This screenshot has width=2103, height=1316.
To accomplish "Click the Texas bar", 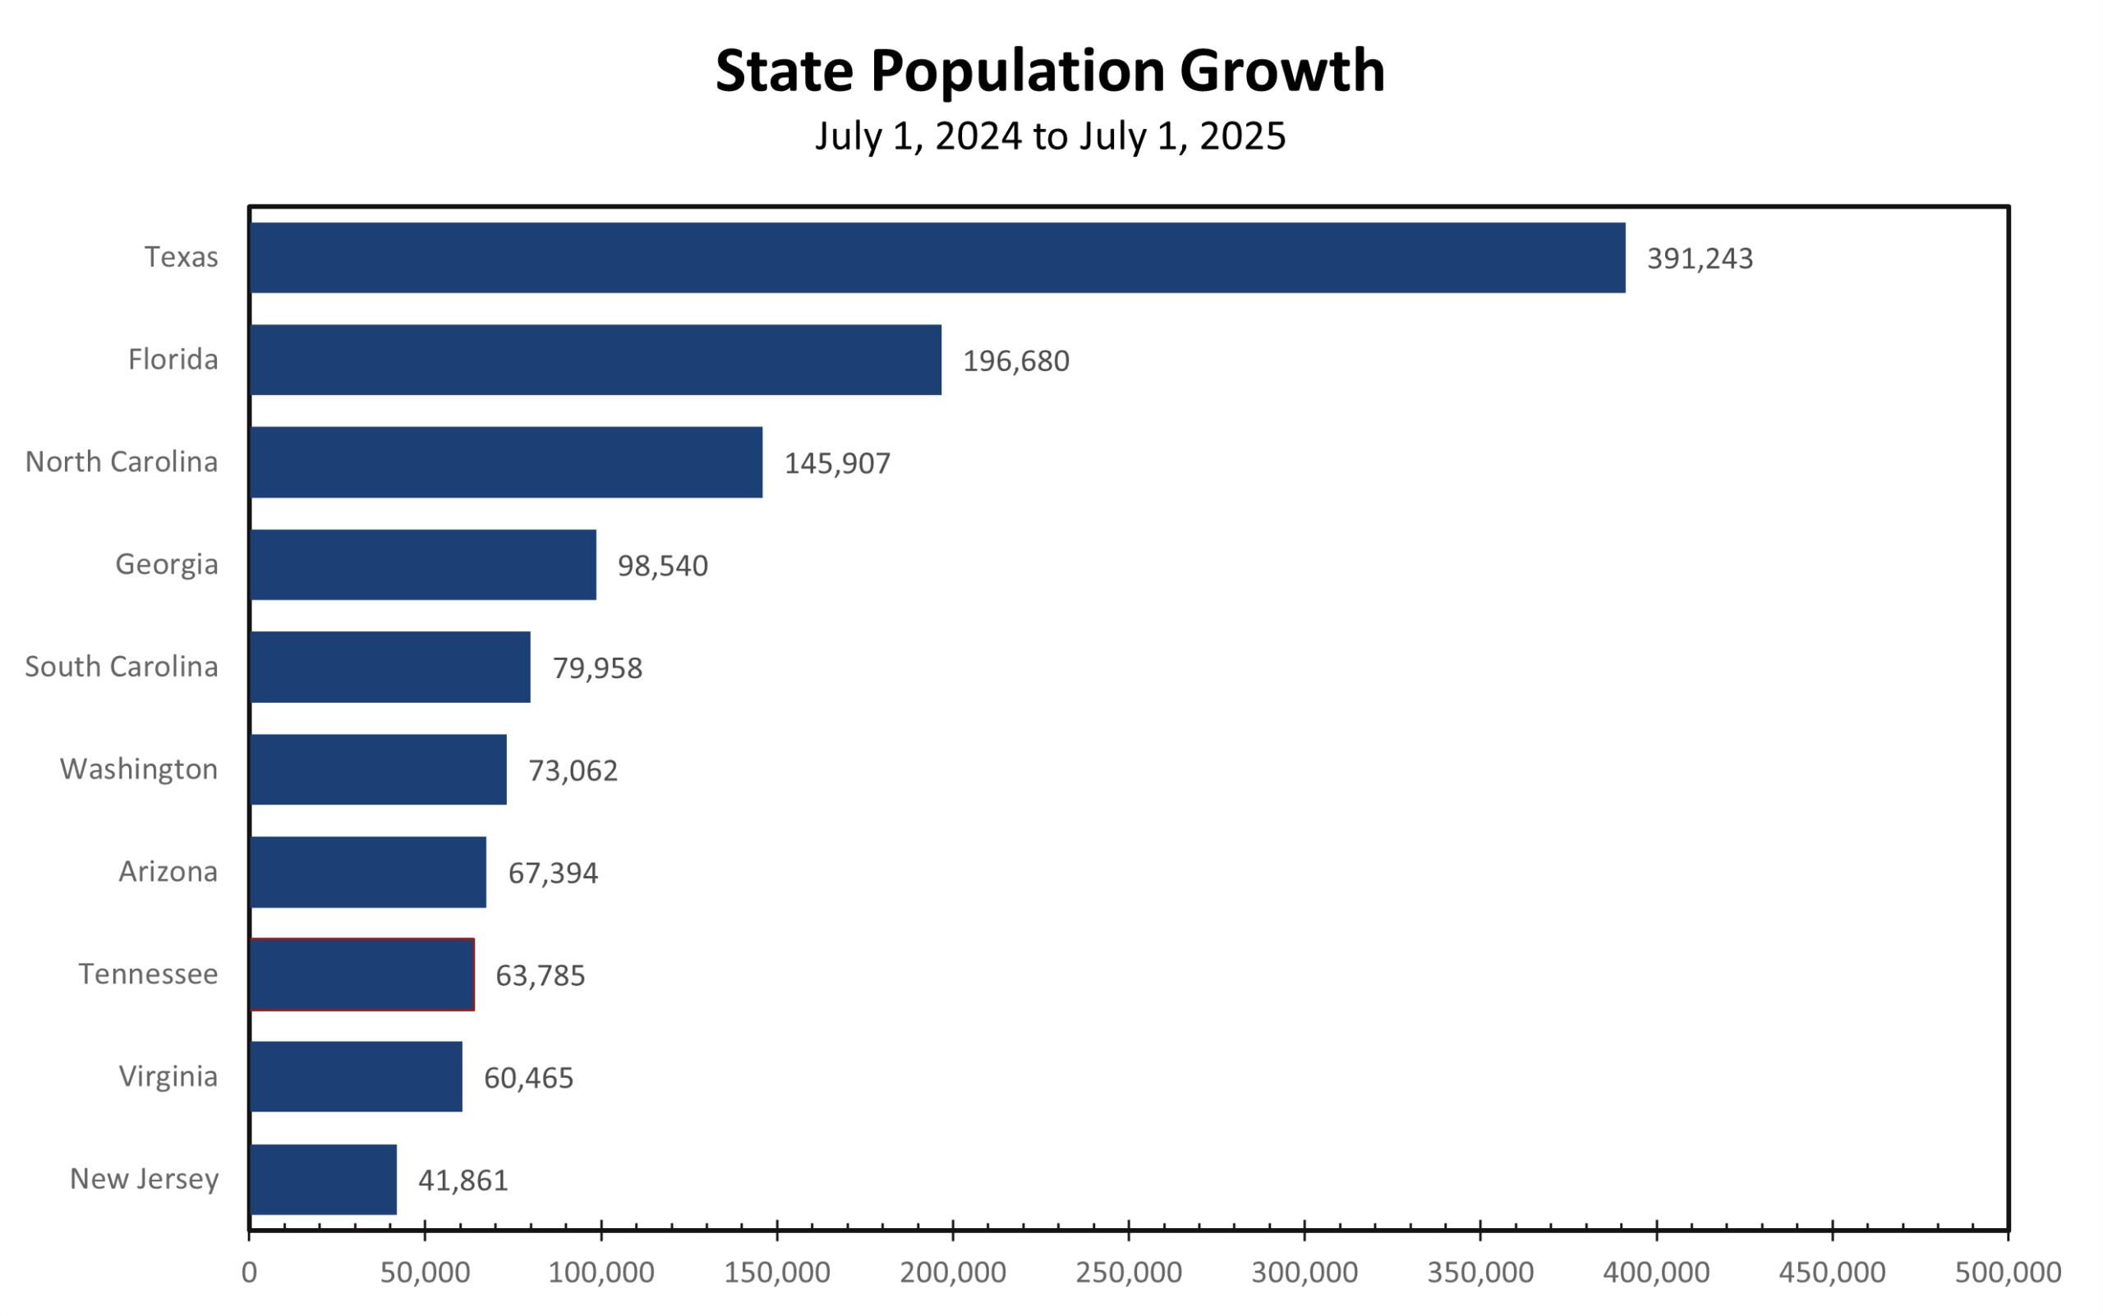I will pos(936,258).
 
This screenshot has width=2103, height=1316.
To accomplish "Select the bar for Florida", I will pos(595,360).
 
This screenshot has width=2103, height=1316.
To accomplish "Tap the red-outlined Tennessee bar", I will pos(361,974).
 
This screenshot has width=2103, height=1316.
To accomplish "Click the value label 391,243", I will pos(1699,259).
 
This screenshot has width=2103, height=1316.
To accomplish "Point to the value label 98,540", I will pos(662,566).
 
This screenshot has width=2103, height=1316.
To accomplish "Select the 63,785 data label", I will pos(540,975).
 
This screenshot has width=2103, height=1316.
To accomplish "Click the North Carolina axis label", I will pos(121,461).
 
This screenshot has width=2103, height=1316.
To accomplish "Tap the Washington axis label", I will pos(139,768).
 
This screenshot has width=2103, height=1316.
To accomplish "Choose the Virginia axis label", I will pos(168,1076).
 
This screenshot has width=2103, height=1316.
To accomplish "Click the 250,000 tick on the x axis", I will pos(1129,1272).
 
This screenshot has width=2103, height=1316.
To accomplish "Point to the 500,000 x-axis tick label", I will pos(2007,1272).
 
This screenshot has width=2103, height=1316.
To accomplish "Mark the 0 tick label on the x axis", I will pos(249,1272).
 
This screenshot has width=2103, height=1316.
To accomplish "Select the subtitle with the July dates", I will pos(1049,136).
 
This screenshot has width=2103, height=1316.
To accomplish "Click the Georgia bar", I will pos(422,564).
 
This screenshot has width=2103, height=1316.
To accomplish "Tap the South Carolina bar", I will pos(389,667).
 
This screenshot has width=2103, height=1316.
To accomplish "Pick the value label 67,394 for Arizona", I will pos(553,873).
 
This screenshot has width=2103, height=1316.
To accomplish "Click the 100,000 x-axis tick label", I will pos(601,1272).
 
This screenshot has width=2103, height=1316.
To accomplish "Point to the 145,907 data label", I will pos(837,463).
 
